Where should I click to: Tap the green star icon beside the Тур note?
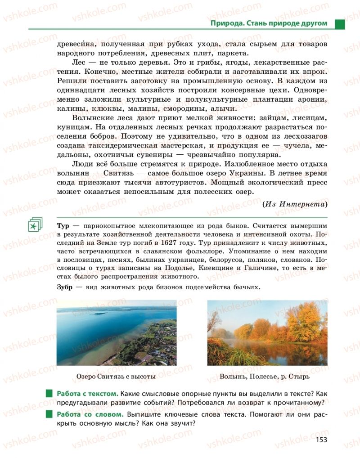[34, 225]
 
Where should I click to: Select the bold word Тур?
[63, 225]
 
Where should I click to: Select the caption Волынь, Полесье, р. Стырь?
[267, 376]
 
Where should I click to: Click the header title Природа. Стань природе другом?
[269, 23]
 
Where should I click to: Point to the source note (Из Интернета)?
[295, 204]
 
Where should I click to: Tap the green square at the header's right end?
[340, 23]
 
